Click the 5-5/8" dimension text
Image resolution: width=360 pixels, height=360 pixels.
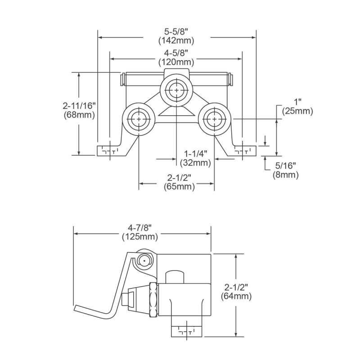pos(176,32)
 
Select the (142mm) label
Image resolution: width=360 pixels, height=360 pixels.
pos(176,40)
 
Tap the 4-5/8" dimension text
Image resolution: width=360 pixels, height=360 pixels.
pos(176,53)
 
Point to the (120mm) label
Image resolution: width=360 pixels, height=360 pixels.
pos(176,62)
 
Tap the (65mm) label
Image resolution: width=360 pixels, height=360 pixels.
pos(176,187)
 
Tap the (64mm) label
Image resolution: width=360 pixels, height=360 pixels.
pos(237,296)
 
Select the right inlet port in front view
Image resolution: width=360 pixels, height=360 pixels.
pos(213,119)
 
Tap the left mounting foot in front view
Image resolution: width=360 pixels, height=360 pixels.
pos(108,150)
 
